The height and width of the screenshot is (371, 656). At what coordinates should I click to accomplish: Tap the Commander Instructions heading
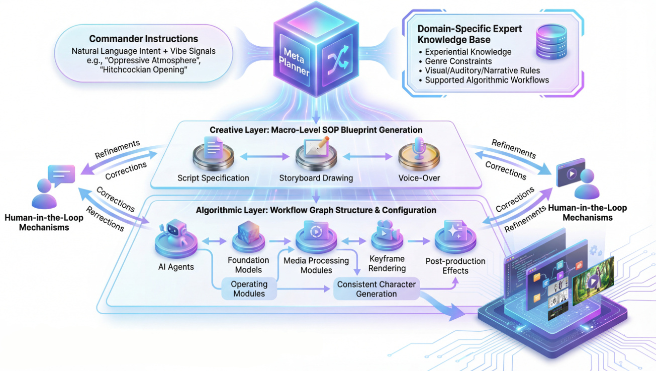click(143, 39)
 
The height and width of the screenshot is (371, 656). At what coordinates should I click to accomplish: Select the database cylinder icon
click(550, 40)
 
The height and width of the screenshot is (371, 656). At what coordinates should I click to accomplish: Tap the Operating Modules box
click(249, 289)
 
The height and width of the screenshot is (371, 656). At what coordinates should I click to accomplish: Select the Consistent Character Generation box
click(377, 289)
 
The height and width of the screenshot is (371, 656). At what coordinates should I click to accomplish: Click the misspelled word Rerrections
click(105, 219)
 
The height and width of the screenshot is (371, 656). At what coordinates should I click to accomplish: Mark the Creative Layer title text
click(316, 130)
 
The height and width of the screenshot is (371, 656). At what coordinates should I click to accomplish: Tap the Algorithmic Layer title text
click(316, 210)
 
